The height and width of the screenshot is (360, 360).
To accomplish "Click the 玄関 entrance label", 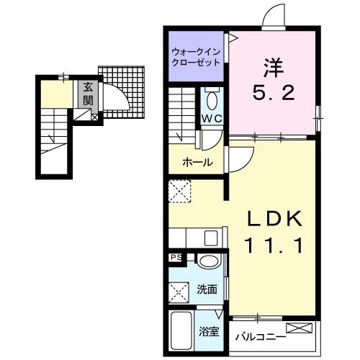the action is tap(88, 94).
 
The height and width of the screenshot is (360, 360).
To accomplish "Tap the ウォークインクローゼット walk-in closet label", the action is tap(196, 57).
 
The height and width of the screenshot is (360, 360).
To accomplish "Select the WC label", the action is tap(212, 119).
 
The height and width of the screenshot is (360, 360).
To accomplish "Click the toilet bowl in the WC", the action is tap(212, 100).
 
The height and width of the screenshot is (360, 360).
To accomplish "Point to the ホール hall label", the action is tap(197, 163).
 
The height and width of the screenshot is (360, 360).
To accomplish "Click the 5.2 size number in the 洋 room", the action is tap(273, 93).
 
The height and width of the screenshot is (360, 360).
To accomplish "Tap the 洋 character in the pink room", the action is tap(274, 68).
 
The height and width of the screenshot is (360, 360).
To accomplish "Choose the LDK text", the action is tap(274, 218).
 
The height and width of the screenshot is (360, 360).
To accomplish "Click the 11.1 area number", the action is tap(273, 246).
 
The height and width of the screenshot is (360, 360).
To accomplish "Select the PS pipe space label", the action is tap(176, 258).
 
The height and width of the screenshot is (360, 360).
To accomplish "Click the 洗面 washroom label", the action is tap(207, 289).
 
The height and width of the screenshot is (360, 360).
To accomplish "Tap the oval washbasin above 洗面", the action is tap(209, 261).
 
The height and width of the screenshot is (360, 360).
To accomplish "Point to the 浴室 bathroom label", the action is tap(209, 332).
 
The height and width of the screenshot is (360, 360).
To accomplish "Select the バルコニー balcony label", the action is tap(261, 337).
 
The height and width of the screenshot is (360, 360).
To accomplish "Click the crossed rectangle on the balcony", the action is tap(300, 328).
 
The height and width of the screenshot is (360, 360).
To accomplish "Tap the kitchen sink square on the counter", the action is tap(211, 238).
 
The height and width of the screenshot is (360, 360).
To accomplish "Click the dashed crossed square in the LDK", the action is tap(180, 192).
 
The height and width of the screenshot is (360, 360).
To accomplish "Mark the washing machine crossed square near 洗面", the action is tap(179, 292).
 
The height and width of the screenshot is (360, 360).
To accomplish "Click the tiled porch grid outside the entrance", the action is tap(122, 91).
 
